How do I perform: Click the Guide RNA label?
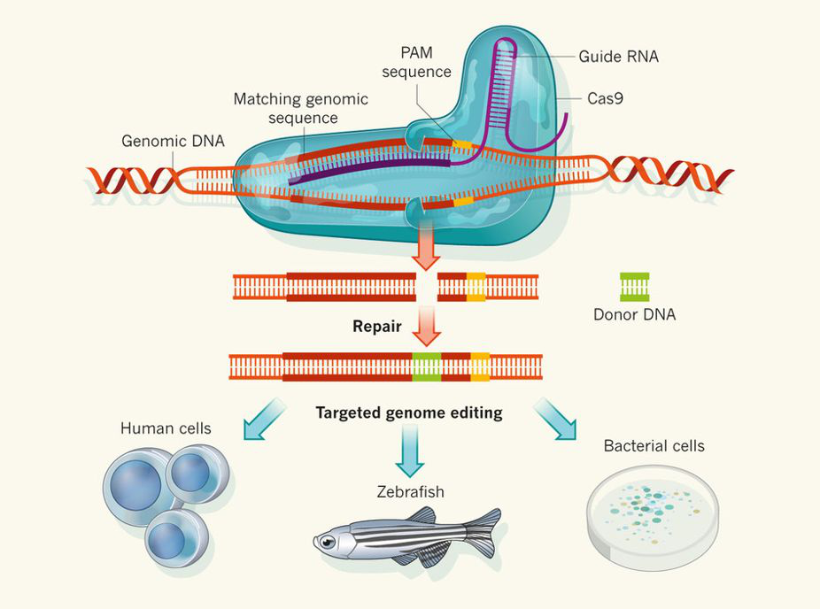pyautogui.click(x=618, y=57)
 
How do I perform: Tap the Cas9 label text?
pyautogui.click(x=605, y=98)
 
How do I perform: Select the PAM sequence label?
pyautogui.click(x=416, y=63)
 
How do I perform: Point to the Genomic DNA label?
pyautogui.click(x=173, y=141)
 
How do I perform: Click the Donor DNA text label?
pyautogui.click(x=634, y=314)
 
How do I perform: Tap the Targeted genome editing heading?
pyautogui.click(x=408, y=412)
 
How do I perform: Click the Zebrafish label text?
pyautogui.click(x=408, y=491)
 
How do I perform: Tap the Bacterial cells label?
pyautogui.click(x=654, y=445)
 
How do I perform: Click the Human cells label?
pyautogui.click(x=166, y=428)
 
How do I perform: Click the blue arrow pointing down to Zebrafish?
pyautogui.click(x=409, y=448)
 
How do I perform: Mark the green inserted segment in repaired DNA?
pyautogui.click(x=426, y=366)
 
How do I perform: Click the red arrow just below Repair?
pyautogui.click(x=427, y=330)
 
